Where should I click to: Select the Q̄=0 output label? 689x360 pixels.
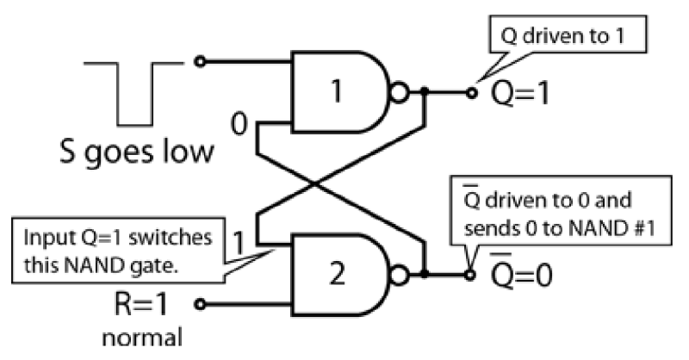pyautogui.click(x=525, y=277)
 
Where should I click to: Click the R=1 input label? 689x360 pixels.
pyautogui.click(x=148, y=303)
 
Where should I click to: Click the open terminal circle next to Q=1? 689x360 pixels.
pyautogui.click(x=471, y=90)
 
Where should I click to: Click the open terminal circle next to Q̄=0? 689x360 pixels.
pyautogui.click(x=471, y=276)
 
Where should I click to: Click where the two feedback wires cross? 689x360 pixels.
pyautogui.click(x=319, y=183)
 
